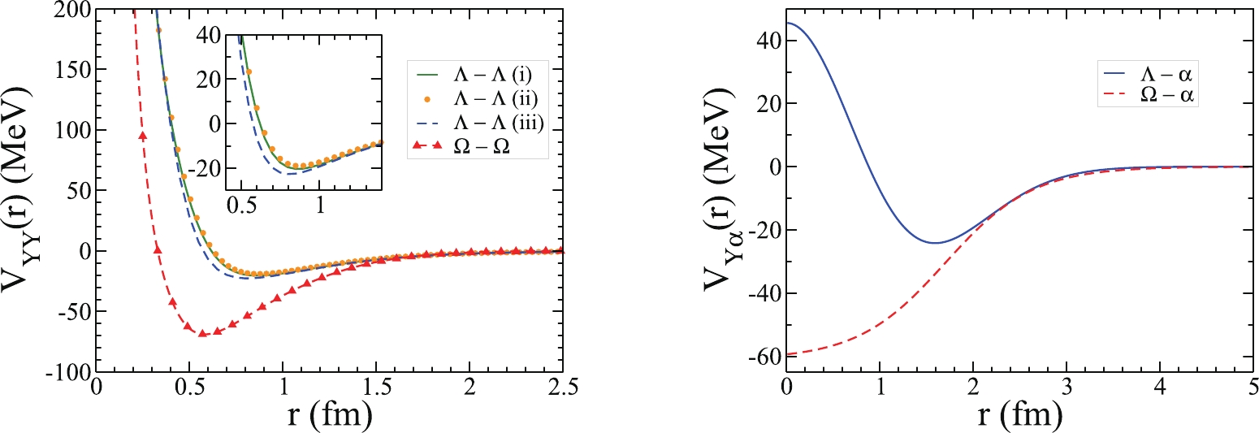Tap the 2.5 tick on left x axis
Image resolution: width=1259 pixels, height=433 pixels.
(562, 388)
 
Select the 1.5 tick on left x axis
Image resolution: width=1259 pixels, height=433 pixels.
(376, 388)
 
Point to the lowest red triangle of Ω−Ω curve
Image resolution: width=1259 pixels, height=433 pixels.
(203, 333)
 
